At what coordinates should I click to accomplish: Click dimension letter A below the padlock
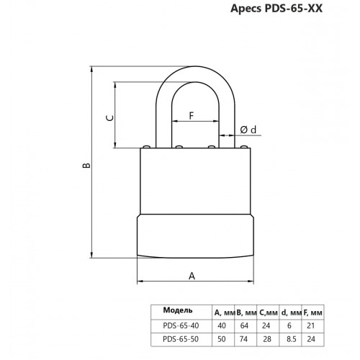point(192,274)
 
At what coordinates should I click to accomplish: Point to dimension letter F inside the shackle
point(192,115)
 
